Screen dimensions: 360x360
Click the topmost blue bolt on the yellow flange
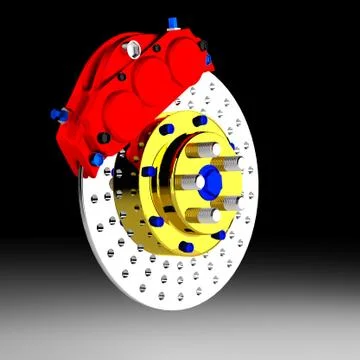[200, 121]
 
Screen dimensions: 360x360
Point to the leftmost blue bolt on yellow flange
[149, 172]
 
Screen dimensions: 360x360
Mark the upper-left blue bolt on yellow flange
[161, 133]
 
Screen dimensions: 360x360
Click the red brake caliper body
[110, 90]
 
